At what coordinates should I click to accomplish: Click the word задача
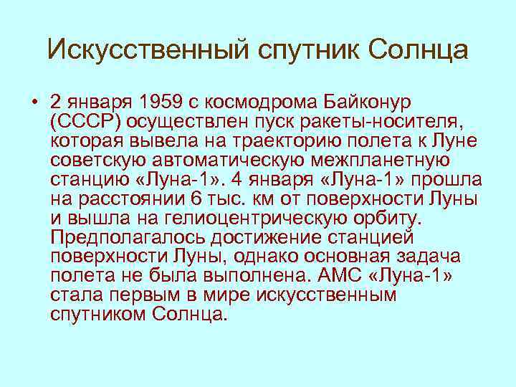pyautogui.click(x=435, y=256)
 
